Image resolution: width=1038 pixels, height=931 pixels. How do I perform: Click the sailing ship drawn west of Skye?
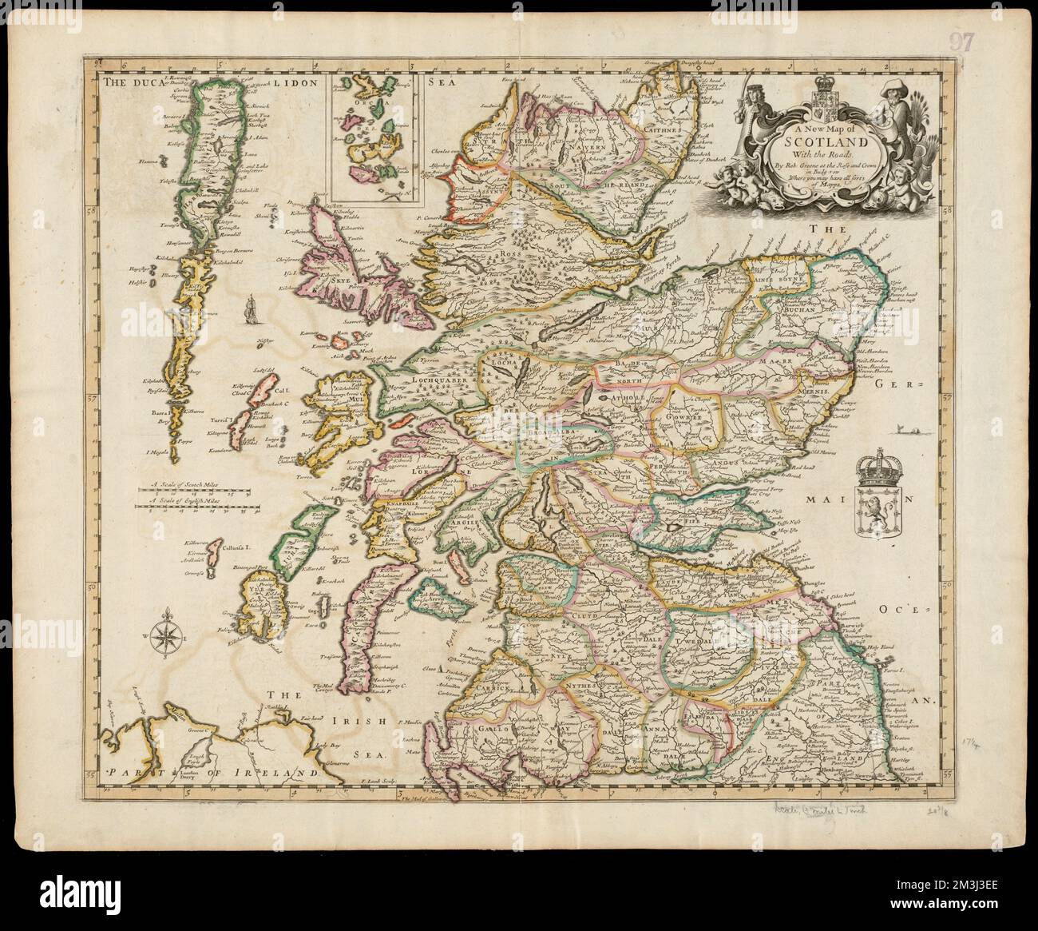pyautogui.click(x=251, y=308)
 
